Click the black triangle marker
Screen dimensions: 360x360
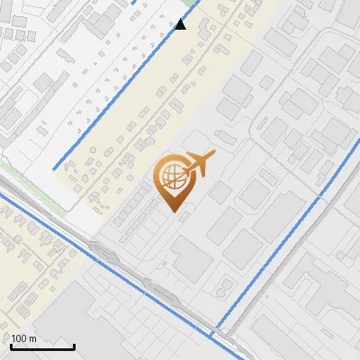181,24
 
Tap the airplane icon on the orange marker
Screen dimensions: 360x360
199,164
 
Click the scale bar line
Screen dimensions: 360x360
41,346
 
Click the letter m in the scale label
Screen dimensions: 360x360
32,339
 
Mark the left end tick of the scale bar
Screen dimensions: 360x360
10,345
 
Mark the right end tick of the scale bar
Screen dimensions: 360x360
74,345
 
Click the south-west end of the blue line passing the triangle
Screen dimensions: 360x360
55,168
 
